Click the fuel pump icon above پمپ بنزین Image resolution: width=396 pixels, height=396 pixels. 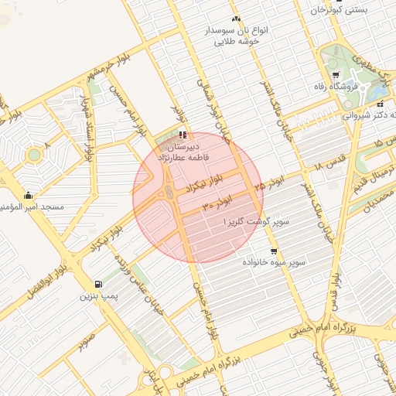[x=97, y=283]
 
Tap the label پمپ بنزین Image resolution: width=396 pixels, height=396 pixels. [x=97, y=295]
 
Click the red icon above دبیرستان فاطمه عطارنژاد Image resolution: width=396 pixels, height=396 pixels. [x=183, y=135]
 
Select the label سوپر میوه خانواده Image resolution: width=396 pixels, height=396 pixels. [x=273, y=264]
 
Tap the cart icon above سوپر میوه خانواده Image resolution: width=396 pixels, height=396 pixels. [x=274, y=251]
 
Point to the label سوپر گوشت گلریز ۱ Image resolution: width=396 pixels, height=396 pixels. [x=256, y=222]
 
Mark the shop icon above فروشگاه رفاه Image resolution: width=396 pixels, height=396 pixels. [x=335, y=75]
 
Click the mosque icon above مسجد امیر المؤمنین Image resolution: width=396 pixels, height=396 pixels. [x=29, y=195]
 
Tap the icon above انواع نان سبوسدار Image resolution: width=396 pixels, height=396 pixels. [x=236, y=19]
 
